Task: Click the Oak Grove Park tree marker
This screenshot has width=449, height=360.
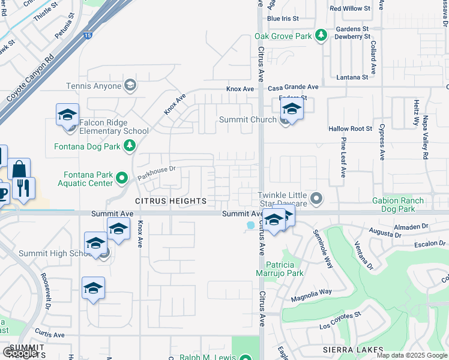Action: [x=322, y=36]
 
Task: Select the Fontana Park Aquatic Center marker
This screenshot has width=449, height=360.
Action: [x=122, y=178]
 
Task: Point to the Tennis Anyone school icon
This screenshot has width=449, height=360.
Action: [x=129, y=86]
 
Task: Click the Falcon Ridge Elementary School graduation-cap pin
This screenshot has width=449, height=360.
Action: [x=67, y=115]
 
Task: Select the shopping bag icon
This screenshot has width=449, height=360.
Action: [x=19, y=169]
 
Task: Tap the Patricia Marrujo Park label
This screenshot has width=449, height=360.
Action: [x=280, y=269]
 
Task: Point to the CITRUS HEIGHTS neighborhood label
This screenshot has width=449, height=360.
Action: [x=170, y=201]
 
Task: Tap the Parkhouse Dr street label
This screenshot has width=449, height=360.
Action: [x=155, y=173]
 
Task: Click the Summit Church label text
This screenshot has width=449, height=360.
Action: [x=247, y=119]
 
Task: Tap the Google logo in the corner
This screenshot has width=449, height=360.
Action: [x=20, y=353]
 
